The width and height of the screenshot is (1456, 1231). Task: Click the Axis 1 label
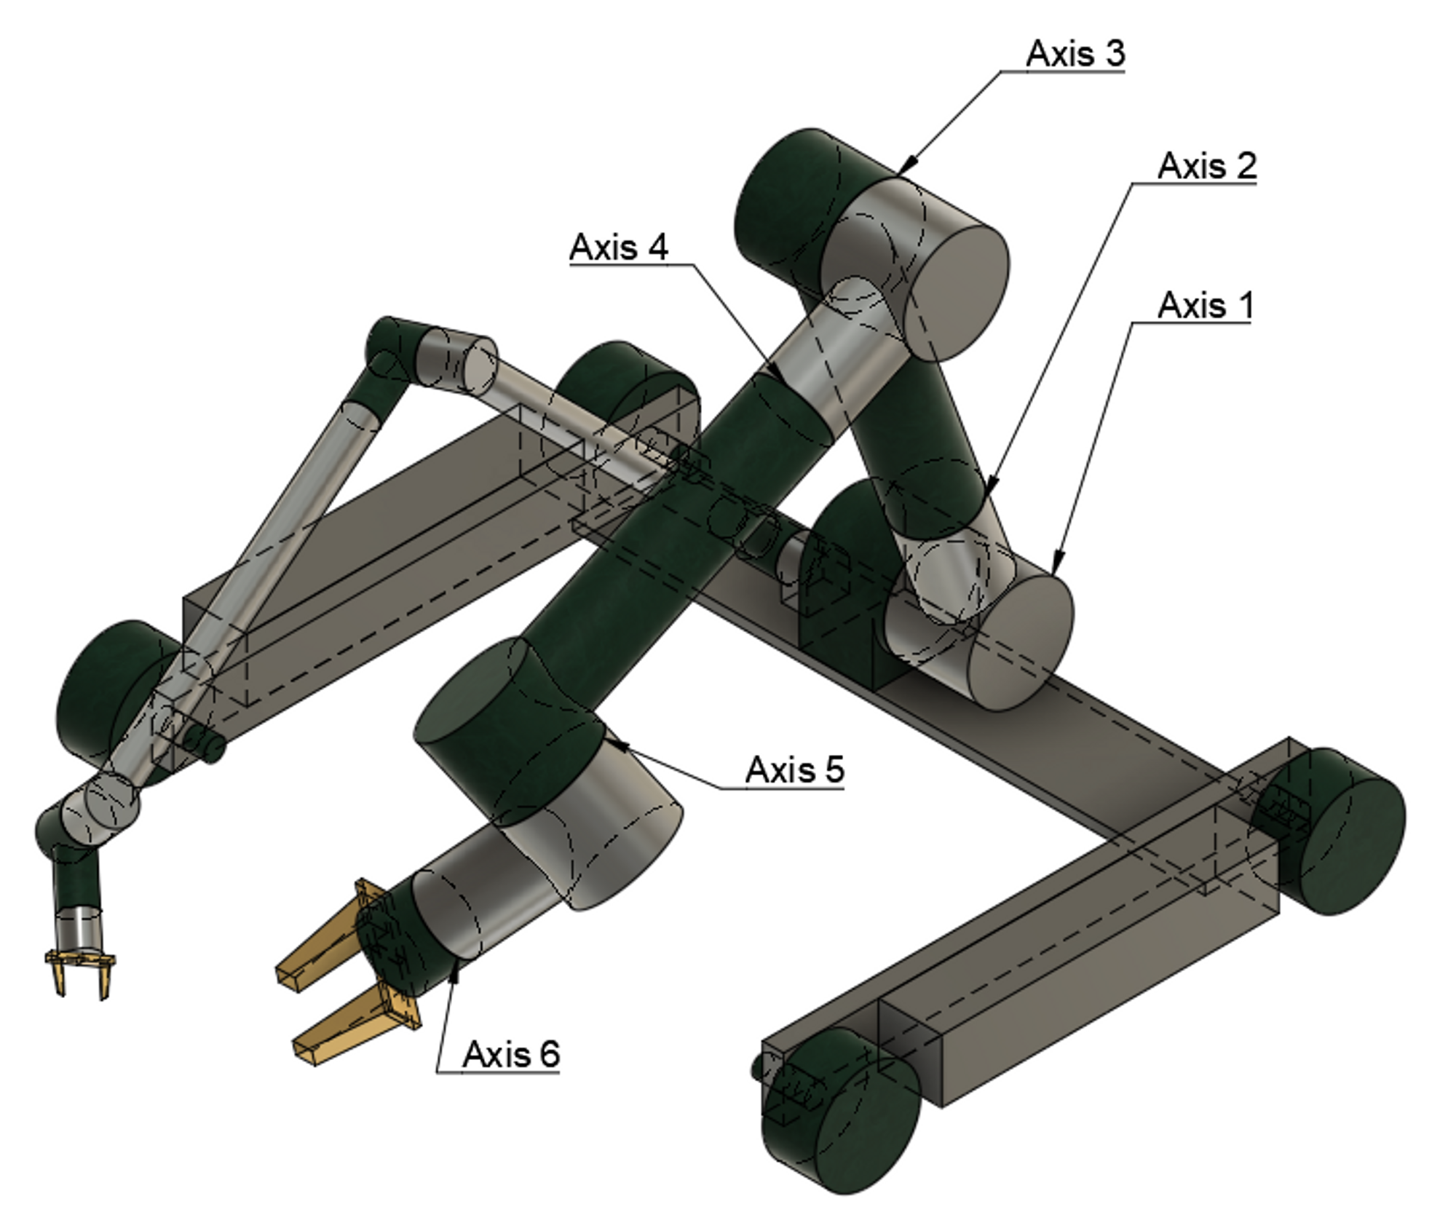click(1206, 305)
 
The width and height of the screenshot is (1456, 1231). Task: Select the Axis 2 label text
click(1206, 166)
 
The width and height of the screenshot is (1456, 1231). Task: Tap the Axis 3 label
click(1075, 53)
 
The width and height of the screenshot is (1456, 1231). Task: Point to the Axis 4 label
click(619, 247)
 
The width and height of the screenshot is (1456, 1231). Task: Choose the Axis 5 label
click(794, 769)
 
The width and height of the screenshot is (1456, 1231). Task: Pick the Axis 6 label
click(510, 1054)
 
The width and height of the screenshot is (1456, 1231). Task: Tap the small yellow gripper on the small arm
click(80, 968)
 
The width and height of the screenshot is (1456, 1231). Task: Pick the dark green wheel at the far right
click(1332, 830)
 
